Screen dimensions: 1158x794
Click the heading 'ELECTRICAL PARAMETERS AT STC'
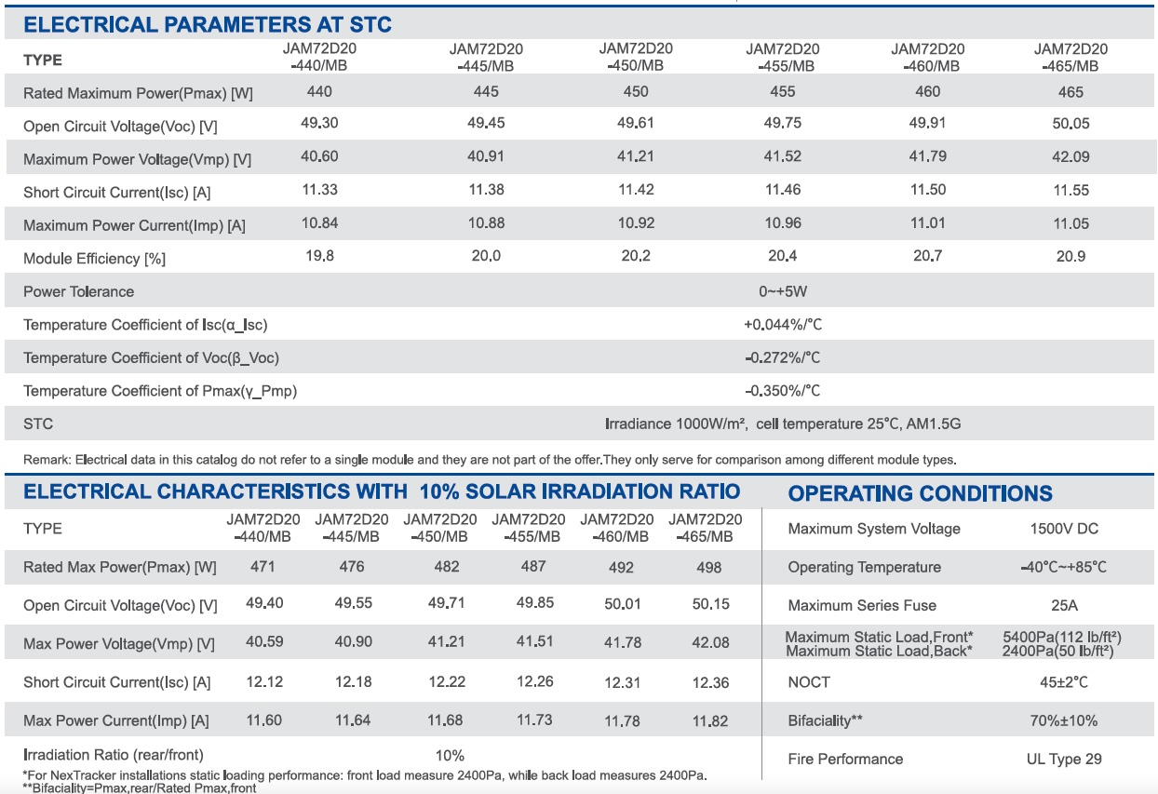(208, 25)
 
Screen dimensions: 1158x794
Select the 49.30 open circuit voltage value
(319, 123)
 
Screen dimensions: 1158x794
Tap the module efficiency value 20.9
(1070, 256)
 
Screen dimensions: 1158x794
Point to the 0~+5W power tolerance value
(783, 291)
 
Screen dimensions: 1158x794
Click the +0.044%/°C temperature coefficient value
(783, 325)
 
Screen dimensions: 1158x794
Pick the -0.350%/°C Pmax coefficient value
(783, 391)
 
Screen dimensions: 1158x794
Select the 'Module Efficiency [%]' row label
(95, 259)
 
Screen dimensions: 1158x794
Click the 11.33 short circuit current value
(319, 190)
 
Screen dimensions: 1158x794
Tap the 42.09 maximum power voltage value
(1070, 156)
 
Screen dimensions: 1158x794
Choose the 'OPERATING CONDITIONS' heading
(921, 493)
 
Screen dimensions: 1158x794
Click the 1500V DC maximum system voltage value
(1064, 529)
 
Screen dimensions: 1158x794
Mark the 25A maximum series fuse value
(1064, 605)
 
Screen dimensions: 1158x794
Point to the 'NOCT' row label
(809, 682)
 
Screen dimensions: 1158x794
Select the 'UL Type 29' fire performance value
(1064, 759)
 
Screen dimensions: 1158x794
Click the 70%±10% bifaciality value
(1064, 720)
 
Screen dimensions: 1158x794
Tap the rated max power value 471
(263, 567)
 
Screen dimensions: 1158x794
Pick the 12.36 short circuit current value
(710, 683)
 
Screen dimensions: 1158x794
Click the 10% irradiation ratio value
(450, 756)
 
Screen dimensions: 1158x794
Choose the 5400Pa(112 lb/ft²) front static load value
(1062, 638)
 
